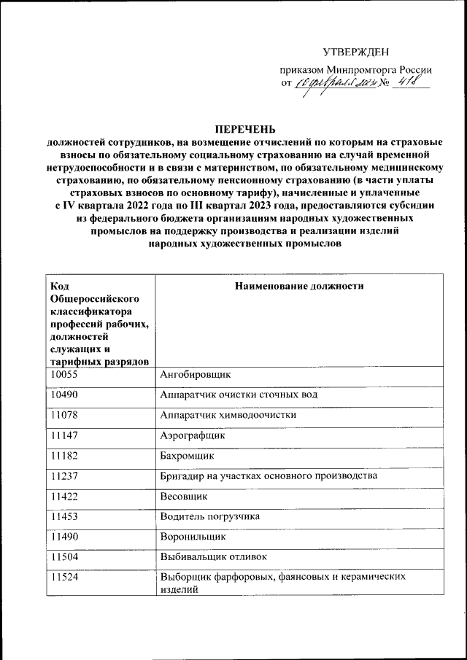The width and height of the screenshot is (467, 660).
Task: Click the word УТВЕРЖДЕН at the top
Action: (356, 52)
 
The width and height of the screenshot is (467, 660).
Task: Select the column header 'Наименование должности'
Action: (299, 287)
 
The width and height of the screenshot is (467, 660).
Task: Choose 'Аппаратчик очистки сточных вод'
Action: (239, 395)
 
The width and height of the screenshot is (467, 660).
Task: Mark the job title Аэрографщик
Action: (193, 435)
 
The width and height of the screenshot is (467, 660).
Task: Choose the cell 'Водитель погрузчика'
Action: (210, 516)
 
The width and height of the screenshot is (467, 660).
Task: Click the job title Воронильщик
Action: (193, 537)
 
